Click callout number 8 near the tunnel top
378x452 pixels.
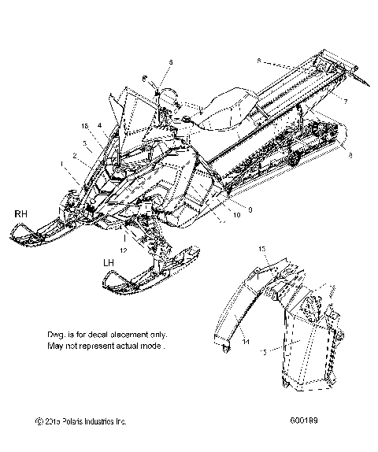(x=259, y=60)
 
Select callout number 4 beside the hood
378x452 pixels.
(x=100, y=124)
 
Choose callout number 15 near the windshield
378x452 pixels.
(x=85, y=125)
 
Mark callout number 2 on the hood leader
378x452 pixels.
(x=76, y=157)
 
